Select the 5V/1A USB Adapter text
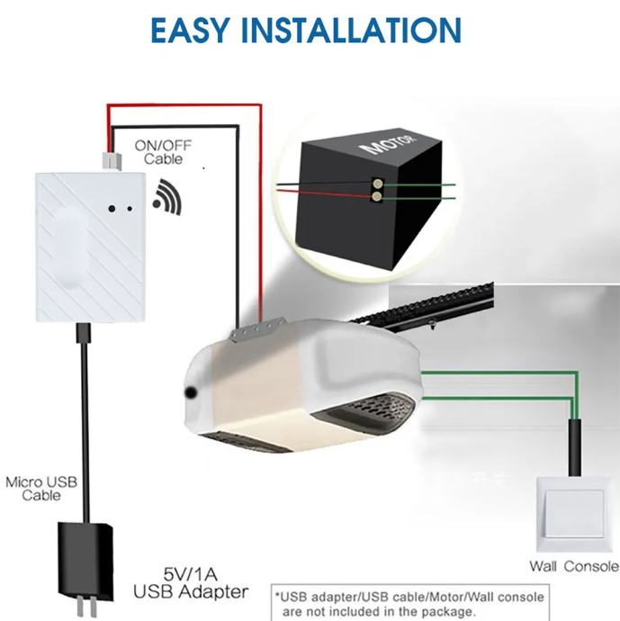[x=191, y=583]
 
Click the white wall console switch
[x=576, y=514]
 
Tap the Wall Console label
[x=573, y=566]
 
